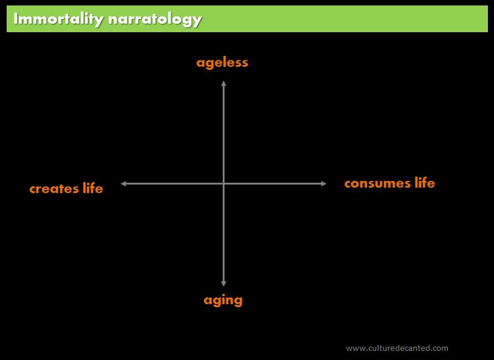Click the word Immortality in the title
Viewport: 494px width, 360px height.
click(58, 19)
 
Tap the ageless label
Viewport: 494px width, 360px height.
click(222, 63)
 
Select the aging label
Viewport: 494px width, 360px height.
click(223, 300)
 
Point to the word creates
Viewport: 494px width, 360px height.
click(54, 189)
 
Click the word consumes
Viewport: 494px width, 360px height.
click(377, 183)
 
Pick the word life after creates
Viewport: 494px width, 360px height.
click(93, 188)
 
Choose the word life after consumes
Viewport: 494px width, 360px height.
click(425, 183)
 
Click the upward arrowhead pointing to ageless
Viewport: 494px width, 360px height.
click(224, 83)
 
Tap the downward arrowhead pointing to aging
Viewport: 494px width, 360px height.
click(224, 284)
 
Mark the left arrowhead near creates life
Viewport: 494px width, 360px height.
click(124, 183)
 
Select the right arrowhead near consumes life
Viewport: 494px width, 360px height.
click(323, 183)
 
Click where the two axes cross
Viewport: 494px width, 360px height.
click(224, 183)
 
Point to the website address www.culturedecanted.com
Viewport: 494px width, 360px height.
click(397, 348)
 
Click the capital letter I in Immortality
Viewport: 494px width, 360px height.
click(15, 19)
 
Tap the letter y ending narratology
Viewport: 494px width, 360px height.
click(197, 21)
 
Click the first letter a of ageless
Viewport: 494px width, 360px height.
click(200, 63)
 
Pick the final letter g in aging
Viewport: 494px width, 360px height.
click(238, 301)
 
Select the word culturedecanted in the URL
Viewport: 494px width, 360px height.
click(393, 348)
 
